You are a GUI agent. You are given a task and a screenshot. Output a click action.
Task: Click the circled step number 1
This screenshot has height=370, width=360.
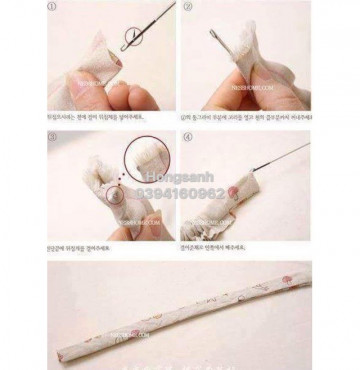53,7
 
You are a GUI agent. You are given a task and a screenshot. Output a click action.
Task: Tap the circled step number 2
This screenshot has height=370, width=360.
186,7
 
